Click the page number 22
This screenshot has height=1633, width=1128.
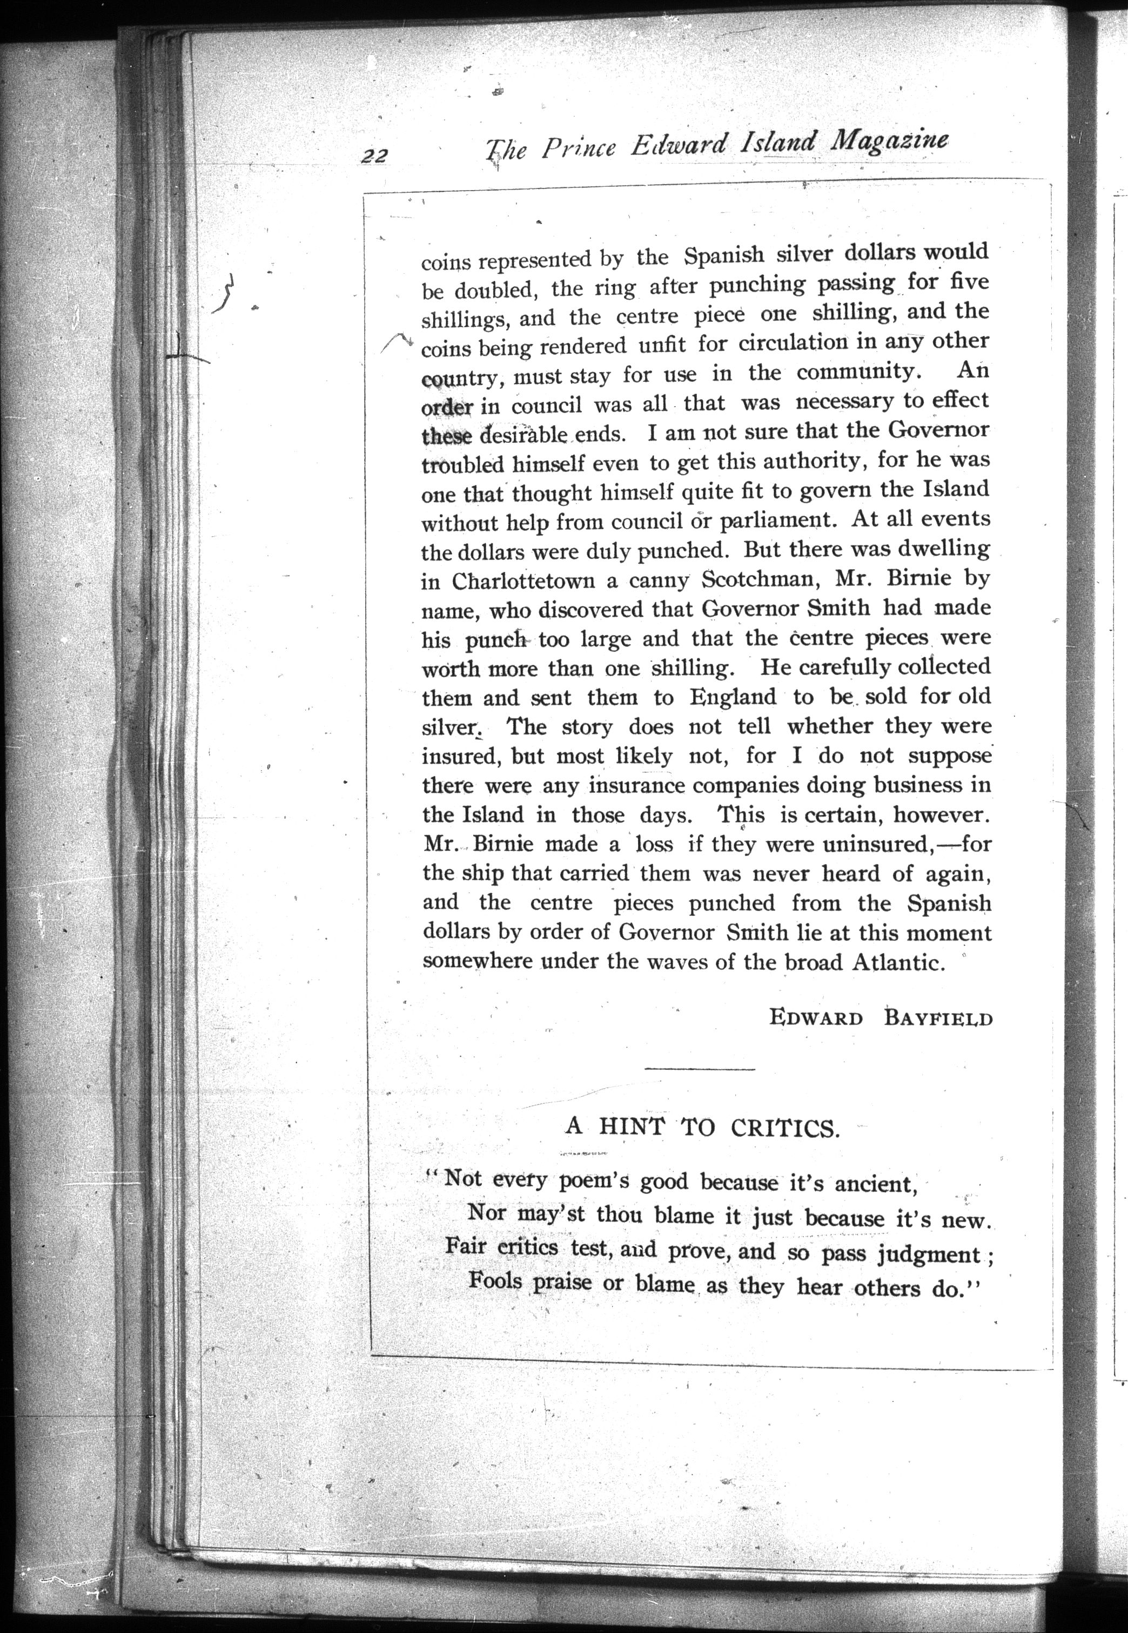[x=374, y=156]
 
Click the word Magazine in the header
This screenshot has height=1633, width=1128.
[x=889, y=141]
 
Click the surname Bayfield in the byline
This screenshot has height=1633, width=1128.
[x=938, y=1018]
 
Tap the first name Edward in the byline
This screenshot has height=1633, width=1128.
[x=816, y=1018]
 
